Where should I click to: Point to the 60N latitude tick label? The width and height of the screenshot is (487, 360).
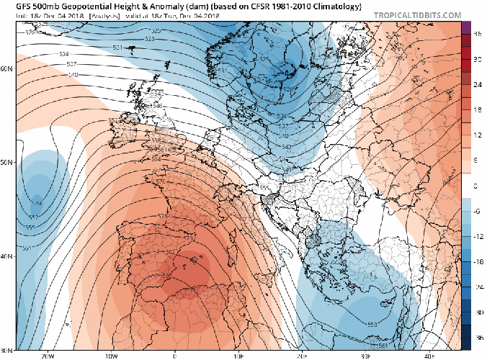click(x=7, y=69)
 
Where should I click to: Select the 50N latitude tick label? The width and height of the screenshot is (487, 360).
click(x=7, y=163)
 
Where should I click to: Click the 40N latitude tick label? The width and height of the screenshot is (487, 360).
click(x=7, y=256)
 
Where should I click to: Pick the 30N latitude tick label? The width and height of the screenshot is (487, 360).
click(x=7, y=350)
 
